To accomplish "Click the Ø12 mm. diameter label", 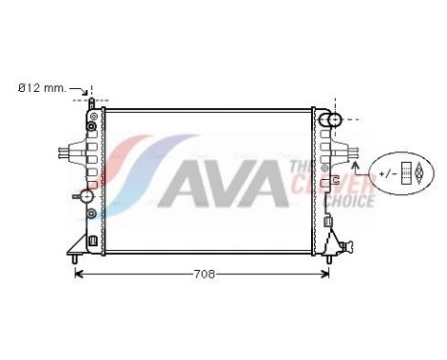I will pyautogui.click(x=42, y=88).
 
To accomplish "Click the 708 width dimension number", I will pyautogui.click(x=202, y=274).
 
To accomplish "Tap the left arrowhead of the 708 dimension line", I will pyautogui.click(x=78, y=274).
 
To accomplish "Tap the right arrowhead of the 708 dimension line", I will pyautogui.click(x=327, y=274).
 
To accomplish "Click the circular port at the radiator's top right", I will pyautogui.click(x=330, y=119).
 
